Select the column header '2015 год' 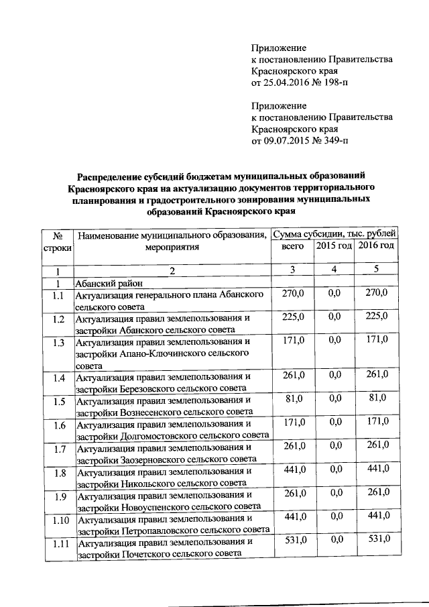click(x=334, y=246)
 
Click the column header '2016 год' click(x=377, y=246)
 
